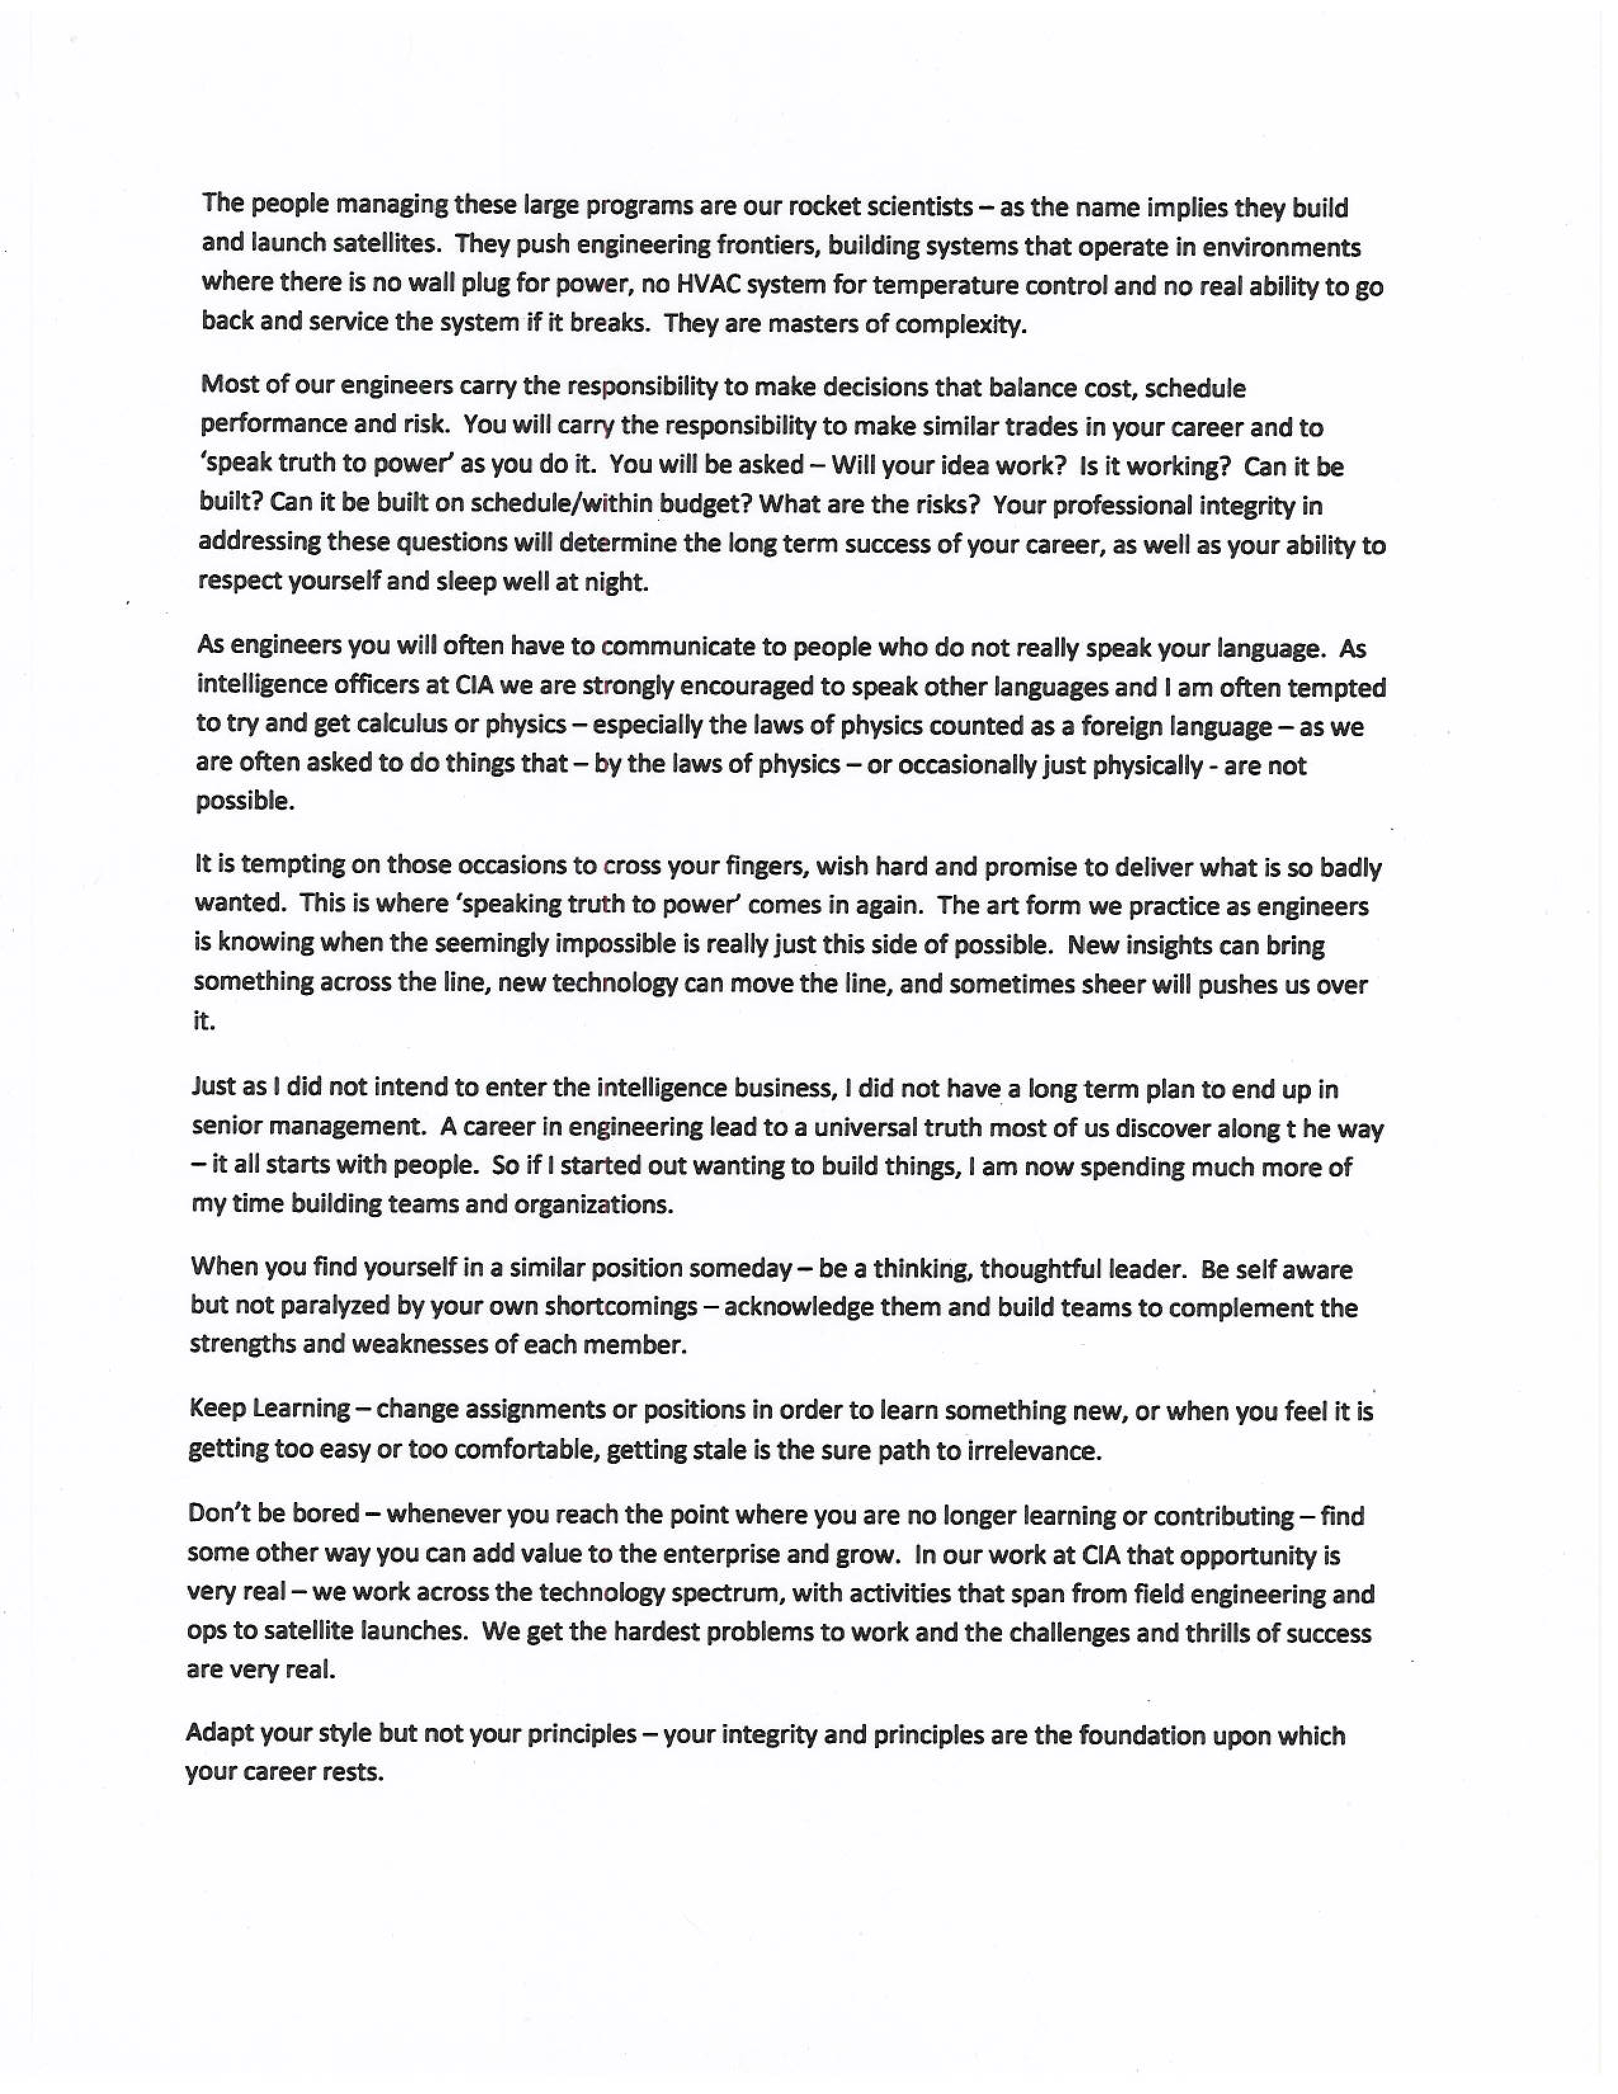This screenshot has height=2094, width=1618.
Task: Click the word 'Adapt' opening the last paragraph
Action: pyautogui.click(x=218, y=1734)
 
